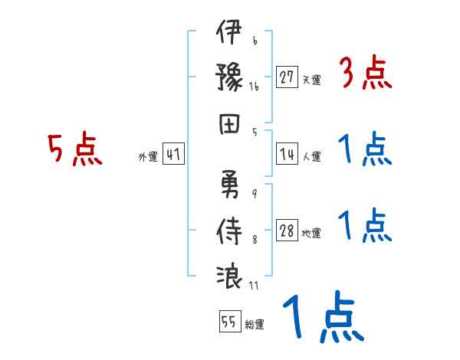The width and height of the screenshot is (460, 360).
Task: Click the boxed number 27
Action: tap(287, 77)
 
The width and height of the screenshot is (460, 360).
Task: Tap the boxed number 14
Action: tap(287, 152)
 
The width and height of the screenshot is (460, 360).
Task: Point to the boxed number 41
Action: tap(173, 154)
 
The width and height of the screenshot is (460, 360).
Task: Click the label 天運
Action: tap(311, 80)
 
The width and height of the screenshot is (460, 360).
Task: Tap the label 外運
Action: tap(147, 156)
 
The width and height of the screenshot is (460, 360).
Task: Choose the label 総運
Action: tap(255, 324)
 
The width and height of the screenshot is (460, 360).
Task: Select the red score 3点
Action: tap(365, 74)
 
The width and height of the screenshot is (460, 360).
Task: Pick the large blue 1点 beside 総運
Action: tap(321, 317)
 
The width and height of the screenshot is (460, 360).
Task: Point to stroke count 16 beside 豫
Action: tap(254, 88)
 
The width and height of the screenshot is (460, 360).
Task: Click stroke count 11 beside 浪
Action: tap(255, 286)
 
